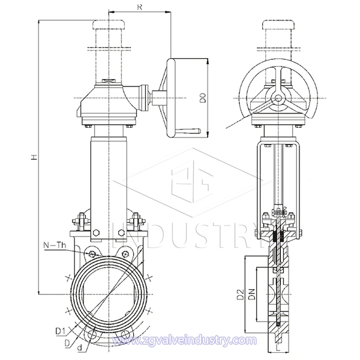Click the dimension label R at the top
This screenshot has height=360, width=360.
(140, 7)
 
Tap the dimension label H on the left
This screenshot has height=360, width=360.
(34, 157)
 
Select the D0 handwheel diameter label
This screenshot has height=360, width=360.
(203, 98)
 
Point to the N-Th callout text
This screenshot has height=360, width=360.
(55, 245)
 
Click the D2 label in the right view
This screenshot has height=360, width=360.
(241, 295)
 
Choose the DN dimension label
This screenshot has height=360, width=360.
(252, 295)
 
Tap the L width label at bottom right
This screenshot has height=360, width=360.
(278, 349)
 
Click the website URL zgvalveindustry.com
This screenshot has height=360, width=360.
(184, 340)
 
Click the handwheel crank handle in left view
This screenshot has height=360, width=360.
(188, 131)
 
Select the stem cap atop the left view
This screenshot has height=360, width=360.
(109, 25)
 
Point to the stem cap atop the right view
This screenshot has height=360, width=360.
(278, 25)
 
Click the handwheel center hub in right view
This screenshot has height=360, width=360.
(278, 98)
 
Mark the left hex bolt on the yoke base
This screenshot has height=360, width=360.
(97, 233)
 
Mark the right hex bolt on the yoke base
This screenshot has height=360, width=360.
(121, 233)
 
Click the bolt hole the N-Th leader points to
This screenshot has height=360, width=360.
(92, 254)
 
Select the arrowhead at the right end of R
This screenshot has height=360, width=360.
(168, 11)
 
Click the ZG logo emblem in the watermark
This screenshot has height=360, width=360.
(191, 181)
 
